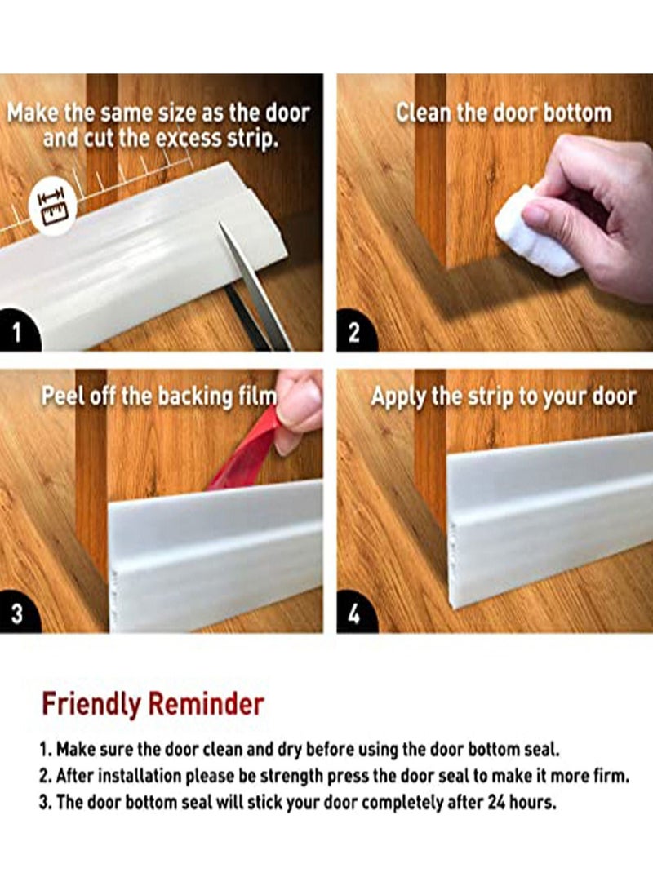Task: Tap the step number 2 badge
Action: (x=353, y=332)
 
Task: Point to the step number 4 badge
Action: (x=353, y=613)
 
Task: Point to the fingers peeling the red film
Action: (x=298, y=408)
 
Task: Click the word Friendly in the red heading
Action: (x=91, y=702)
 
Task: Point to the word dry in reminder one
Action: (x=292, y=748)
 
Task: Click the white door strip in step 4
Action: (x=547, y=522)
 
